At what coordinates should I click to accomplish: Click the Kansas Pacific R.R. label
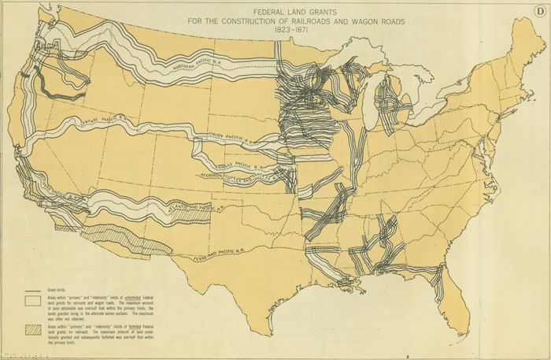point(237,161)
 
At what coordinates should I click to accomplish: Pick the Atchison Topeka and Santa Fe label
point(236,175)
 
